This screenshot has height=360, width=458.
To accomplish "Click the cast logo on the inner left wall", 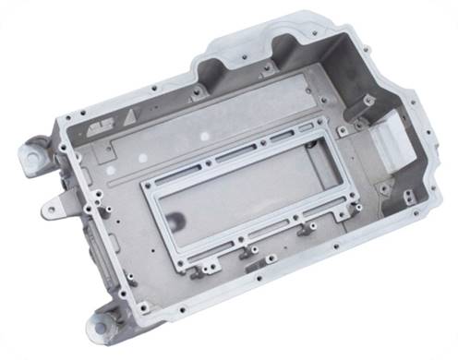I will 92,126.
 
